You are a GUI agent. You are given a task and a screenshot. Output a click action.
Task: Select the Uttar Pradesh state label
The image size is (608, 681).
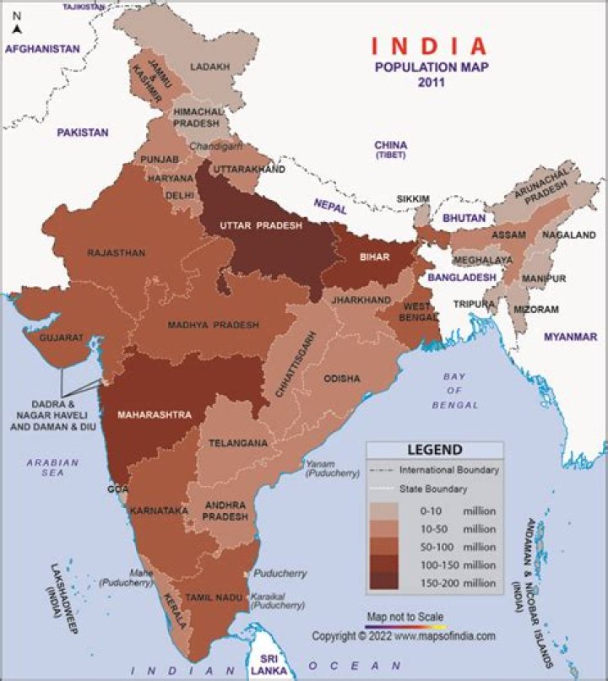[x=261, y=225]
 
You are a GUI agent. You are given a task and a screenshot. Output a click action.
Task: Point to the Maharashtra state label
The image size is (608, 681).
[x=155, y=414]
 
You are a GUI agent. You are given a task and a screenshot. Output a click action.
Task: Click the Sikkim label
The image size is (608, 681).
[x=412, y=199]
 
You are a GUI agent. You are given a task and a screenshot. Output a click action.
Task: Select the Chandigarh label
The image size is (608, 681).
[x=220, y=145]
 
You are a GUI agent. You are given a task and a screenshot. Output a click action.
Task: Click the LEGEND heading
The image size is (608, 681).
[x=435, y=450]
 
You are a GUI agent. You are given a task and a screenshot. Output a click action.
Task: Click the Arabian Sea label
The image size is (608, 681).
[x=52, y=468]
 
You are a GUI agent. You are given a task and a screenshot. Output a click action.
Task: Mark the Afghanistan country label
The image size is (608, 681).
[x=42, y=49]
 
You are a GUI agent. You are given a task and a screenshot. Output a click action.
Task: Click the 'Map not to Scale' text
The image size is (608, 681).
[x=404, y=617]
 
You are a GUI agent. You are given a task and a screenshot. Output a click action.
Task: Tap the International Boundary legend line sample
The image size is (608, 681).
[x=383, y=470]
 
